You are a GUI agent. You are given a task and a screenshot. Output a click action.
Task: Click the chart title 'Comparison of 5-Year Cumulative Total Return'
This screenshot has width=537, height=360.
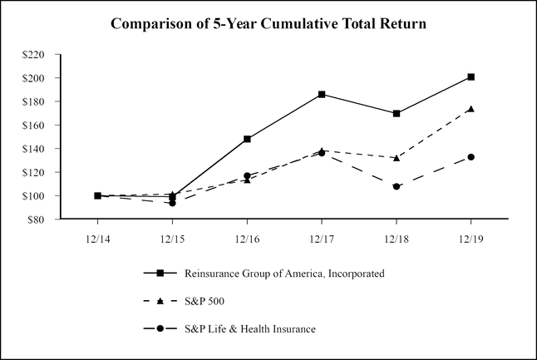[268, 24]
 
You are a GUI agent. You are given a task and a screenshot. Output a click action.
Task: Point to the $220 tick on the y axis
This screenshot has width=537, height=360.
[40, 55]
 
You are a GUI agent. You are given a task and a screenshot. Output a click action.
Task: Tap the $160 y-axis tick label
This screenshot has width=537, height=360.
[40, 126]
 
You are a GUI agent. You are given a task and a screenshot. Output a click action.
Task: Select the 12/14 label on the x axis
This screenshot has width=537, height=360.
[97, 237]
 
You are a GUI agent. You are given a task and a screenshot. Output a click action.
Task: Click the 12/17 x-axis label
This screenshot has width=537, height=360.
[322, 237]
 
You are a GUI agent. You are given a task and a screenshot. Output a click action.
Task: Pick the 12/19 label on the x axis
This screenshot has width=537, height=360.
[471, 237]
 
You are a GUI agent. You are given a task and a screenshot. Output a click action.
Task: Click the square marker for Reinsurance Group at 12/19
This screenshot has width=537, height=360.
[471, 76]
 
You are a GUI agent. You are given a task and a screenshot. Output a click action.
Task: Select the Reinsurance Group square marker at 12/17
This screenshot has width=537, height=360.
[322, 94]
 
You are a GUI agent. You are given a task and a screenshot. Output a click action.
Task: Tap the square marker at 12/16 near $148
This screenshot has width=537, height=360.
[247, 139]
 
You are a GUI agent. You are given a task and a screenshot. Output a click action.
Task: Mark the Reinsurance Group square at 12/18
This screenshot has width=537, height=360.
[397, 113]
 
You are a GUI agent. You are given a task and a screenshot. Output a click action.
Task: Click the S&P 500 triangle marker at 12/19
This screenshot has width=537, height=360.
[471, 109]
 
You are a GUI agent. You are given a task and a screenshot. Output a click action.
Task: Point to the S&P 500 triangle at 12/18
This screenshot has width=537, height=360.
[397, 157]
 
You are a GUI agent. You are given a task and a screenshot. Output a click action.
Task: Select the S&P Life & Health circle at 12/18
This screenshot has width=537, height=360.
[397, 186]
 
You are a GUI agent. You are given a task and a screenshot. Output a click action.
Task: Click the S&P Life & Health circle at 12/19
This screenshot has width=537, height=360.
[471, 157]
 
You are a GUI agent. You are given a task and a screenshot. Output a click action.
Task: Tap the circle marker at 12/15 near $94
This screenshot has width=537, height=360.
[172, 203]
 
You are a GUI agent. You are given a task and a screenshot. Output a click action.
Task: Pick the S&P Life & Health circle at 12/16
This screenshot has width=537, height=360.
[247, 175]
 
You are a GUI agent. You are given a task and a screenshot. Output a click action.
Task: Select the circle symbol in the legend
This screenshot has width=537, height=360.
[158, 328]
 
